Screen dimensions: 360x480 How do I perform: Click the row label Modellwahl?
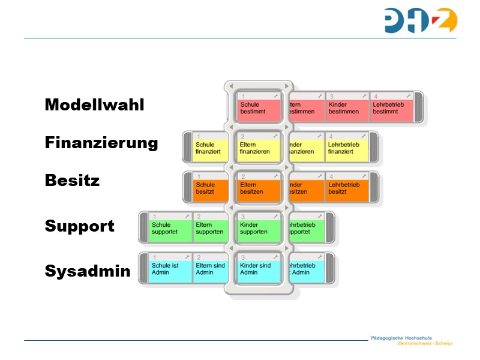94,105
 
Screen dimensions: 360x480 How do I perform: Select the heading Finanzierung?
101,143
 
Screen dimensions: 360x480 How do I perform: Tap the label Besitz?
72,180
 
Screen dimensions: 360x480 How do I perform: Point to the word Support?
79,226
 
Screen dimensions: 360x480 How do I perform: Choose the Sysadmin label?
88,271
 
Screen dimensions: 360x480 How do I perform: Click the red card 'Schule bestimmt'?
259,108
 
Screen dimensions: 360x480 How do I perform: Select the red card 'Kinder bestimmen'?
347,108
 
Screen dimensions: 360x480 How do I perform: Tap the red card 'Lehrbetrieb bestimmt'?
391,108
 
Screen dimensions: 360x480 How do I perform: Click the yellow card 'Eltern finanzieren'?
259,148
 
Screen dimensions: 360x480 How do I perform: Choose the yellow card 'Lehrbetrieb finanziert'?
347,148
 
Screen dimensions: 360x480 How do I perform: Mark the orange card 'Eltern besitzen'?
259,188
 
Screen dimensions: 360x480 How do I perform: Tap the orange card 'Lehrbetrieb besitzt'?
347,188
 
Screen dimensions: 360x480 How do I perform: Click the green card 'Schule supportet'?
170,229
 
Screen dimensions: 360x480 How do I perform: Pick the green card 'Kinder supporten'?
259,229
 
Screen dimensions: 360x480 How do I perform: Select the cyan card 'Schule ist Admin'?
170,269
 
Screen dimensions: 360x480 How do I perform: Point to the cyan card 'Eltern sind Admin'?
214,269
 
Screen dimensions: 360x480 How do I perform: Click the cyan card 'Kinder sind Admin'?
259,269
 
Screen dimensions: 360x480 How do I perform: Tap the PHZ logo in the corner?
421,20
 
